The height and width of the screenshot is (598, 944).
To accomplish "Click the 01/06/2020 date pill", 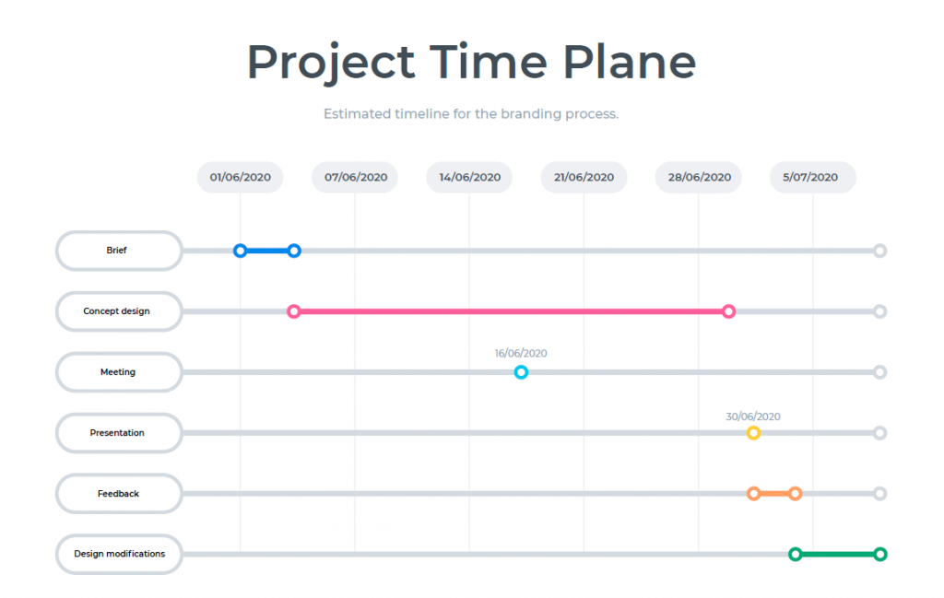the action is pyautogui.click(x=241, y=177).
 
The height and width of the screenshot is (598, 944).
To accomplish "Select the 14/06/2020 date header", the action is pyautogui.click(x=469, y=177).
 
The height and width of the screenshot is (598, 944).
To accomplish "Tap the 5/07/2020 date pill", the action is pyautogui.click(x=813, y=177).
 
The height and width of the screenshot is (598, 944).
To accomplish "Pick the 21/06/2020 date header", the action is pyautogui.click(x=584, y=177).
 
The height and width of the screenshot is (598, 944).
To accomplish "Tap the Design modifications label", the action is pyautogui.click(x=119, y=554).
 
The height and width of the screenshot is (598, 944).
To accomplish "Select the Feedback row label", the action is pyautogui.click(x=119, y=493).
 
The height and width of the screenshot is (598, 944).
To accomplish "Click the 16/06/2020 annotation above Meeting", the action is pyautogui.click(x=521, y=353).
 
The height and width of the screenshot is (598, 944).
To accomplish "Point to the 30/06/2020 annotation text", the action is pyautogui.click(x=753, y=416).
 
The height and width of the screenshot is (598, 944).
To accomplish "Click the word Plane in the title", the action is pyautogui.click(x=629, y=62).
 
